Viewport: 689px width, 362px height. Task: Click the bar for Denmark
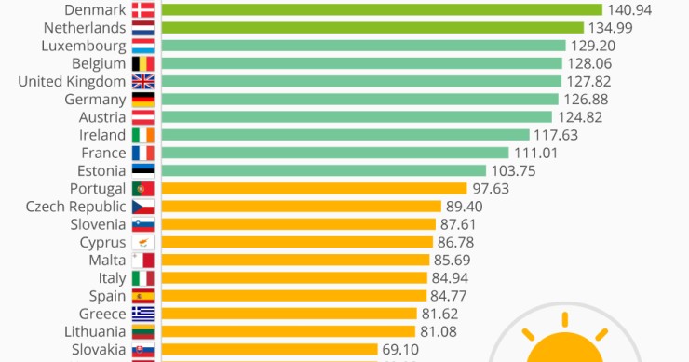pyautogui.click(x=382, y=9)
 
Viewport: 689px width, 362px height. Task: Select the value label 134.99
pyautogui.click(x=612, y=27)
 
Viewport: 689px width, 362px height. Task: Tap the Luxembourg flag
pyautogui.click(x=142, y=45)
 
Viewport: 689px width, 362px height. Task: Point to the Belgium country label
pyautogui.click(x=98, y=63)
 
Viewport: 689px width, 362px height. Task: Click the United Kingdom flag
pyautogui.click(x=142, y=81)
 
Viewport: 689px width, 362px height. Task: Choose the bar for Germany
pyautogui.click(x=360, y=99)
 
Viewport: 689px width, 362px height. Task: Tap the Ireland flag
pyautogui.click(x=142, y=135)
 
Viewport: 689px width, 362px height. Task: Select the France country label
pyautogui.click(x=103, y=153)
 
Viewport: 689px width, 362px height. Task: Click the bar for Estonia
pyautogui.click(x=324, y=170)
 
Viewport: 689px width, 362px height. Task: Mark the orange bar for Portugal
pyautogui.click(x=314, y=188)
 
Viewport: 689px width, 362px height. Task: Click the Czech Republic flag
pyautogui.click(x=142, y=207)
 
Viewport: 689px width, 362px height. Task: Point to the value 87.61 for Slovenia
pyautogui.click(x=461, y=224)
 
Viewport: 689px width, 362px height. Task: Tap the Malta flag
pyautogui.click(x=142, y=260)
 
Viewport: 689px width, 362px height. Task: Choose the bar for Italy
pyautogui.click(x=294, y=277)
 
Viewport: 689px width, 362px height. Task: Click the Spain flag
pyautogui.click(x=142, y=296)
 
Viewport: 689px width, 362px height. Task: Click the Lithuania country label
pyautogui.click(x=95, y=331)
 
